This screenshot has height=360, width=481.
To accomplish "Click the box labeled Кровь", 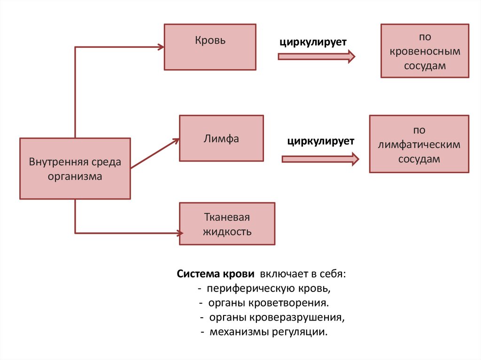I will tap(210, 47).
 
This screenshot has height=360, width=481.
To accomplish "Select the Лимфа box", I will tap(221, 138).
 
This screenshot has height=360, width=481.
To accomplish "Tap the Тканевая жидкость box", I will tap(227, 223).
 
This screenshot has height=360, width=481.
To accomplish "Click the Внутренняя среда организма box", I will tap(75, 169).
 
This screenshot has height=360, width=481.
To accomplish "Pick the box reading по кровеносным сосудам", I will tap(425, 51).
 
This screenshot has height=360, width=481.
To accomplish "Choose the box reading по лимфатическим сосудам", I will tap(419, 144).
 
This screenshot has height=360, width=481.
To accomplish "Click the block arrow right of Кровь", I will tap(316, 56).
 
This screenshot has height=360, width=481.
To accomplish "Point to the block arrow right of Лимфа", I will tap(320, 159).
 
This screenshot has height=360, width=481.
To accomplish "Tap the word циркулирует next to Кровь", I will tap(313, 42).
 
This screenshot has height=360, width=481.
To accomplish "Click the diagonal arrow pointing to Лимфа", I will tap(155, 153).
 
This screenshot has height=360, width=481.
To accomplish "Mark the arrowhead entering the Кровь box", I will tap(161, 47).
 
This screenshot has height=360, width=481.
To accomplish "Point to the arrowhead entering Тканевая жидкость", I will tap(179, 232).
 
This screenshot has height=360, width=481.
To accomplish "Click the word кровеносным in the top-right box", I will tap(425, 51).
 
